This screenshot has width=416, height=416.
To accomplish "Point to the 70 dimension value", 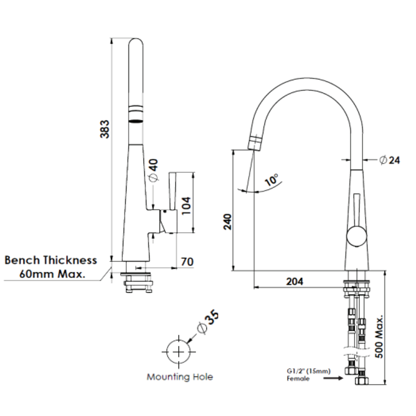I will pos(187,262).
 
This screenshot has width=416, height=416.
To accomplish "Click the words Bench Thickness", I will pos(50,260).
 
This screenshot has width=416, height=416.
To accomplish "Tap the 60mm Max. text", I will pos(52,274).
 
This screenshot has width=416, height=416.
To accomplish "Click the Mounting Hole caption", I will pos(179,377).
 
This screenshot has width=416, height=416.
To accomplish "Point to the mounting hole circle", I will pos(179,352).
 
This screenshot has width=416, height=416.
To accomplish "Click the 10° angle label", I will pos(272,180).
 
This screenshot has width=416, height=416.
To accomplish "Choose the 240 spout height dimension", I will pos(228,222).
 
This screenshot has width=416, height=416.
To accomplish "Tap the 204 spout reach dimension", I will pos(294,282).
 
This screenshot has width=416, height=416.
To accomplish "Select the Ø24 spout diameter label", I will pos(389,160).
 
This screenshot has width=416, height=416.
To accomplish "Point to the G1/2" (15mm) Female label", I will pos(303,374).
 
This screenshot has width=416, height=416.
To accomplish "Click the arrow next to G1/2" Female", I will pos(333,378).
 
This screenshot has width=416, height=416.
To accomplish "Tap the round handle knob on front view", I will pos(356,237).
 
